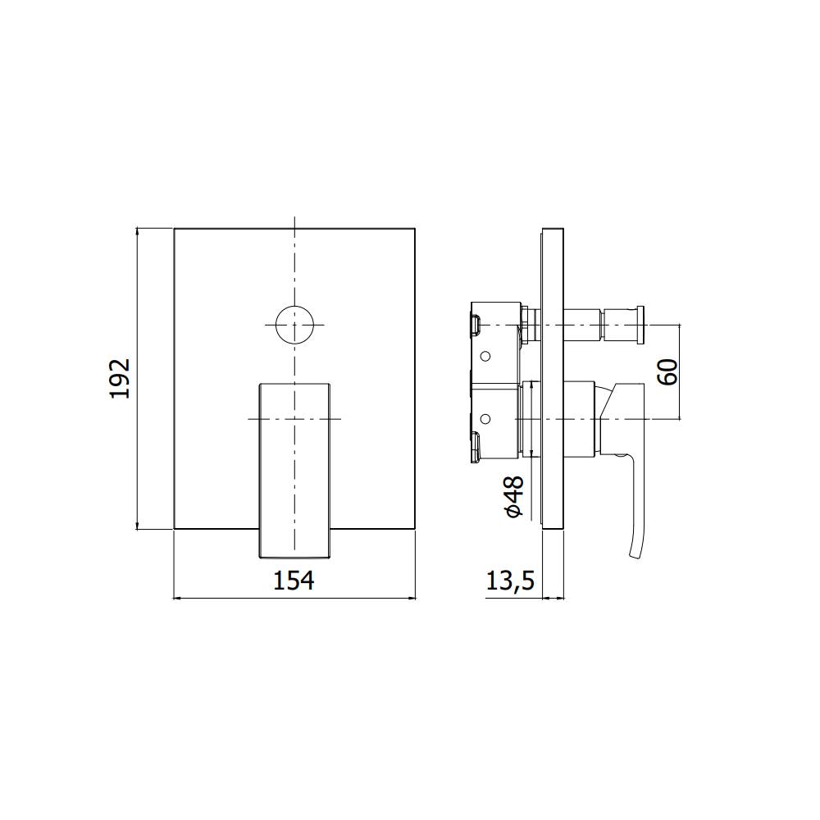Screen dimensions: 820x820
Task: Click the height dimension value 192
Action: point(121,378)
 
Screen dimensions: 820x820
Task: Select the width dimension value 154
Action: point(294,581)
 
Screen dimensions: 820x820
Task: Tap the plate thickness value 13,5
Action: point(510,581)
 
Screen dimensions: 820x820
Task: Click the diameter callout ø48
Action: point(514,497)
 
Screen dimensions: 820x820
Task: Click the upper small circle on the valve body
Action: point(485,357)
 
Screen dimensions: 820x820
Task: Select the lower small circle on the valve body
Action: point(485,419)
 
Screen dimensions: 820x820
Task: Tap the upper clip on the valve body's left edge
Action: point(474,324)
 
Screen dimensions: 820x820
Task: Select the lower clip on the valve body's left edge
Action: point(474,447)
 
